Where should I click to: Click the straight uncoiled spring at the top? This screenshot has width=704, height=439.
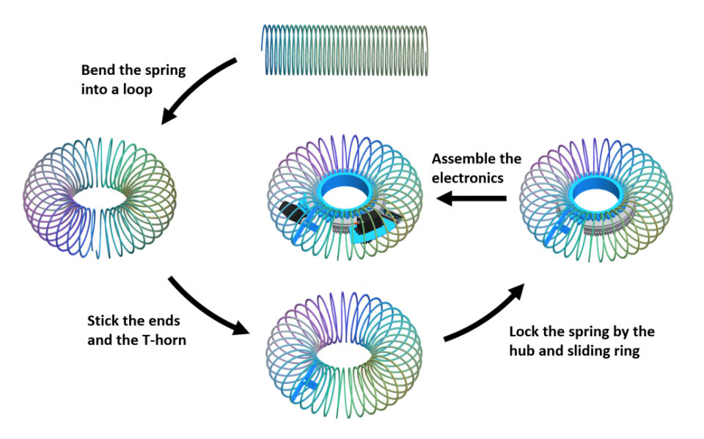[345, 48]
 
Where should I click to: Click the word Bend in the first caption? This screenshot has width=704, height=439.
[97, 71]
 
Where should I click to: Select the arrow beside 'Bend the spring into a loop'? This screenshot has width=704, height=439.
[198, 92]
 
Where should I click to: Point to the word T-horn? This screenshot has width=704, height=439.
[161, 339]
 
